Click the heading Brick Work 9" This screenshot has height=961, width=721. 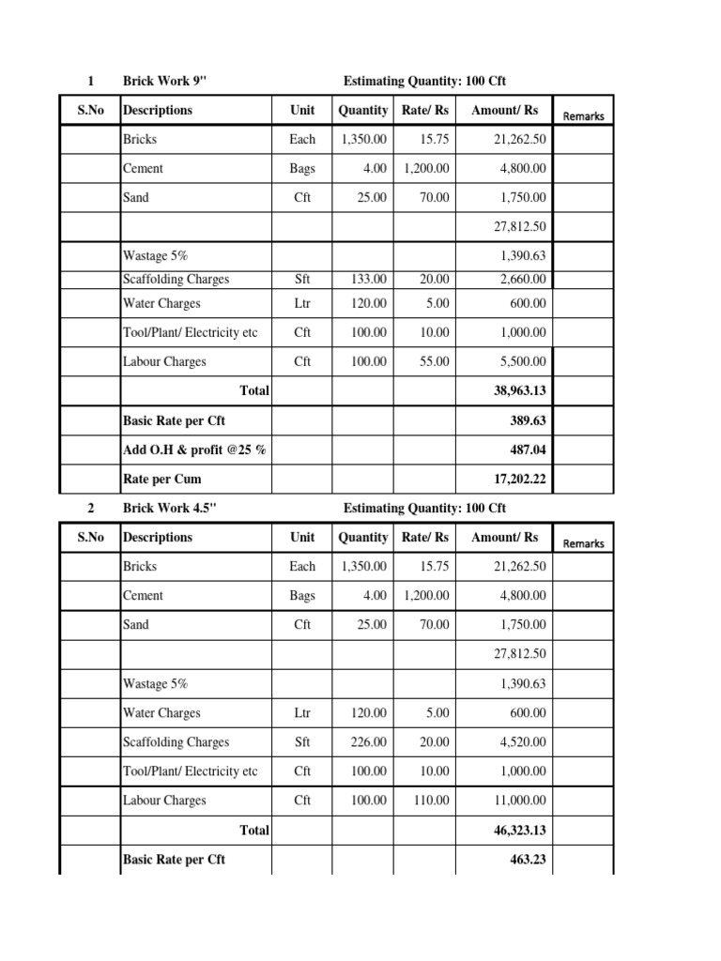[163, 81]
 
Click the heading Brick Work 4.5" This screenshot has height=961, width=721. [170, 508]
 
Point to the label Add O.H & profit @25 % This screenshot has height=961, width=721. [194, 450]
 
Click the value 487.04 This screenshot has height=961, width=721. [527, 450]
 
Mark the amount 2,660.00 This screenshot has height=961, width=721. [521, 279]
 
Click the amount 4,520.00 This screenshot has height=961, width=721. [521, 741]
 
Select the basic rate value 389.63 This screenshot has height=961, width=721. [527, 420]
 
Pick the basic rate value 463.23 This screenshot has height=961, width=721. [527, 859]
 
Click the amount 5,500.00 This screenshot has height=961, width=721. [521, 361]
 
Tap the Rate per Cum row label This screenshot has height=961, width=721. [162, 480]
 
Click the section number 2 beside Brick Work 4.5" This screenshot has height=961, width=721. [90, 508]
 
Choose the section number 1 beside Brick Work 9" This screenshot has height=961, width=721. [90, 81]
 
